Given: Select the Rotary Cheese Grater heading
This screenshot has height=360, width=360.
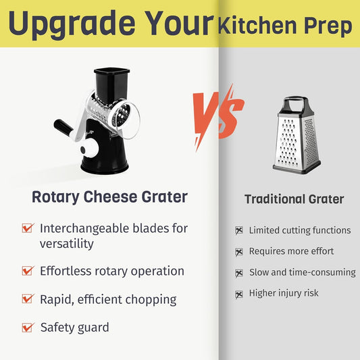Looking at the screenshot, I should click(x=109, y=197).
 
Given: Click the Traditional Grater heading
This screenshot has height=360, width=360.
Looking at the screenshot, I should click(x=294, y=199).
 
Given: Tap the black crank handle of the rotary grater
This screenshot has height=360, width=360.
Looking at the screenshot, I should click(x=62, y=126).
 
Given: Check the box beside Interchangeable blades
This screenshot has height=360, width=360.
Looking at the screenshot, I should click(x=28, y=228).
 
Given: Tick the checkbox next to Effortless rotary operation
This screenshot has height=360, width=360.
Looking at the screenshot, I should click(x=28, y=270).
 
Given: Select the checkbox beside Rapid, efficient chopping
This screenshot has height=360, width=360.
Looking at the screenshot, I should click(x=28, y=299).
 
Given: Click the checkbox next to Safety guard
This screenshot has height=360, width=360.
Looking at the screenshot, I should click(x=28, y=328).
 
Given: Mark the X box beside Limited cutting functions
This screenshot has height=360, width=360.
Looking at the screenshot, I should click(x=238, y=230).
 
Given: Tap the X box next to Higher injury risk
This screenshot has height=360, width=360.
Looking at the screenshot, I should click(x=238, y=294).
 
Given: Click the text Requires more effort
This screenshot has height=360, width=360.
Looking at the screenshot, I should click(x=291, y=251).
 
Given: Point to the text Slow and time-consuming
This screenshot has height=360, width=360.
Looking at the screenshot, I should click(x=302, y=272).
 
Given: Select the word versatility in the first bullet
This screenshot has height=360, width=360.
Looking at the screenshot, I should click(x=66, y=243).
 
